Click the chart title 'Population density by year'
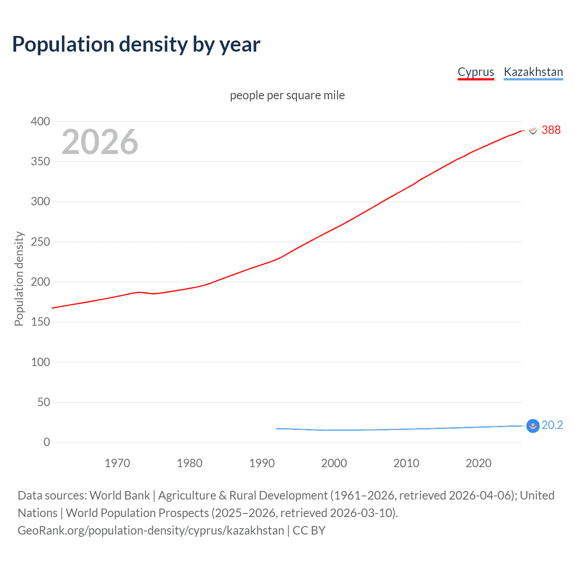pos(136,44)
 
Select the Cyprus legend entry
pos(476,72)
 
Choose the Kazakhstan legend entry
pos(533,72)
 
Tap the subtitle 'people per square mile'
pos(287,95)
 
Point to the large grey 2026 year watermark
pos(100,142)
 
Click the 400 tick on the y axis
pos(40,121)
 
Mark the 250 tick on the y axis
pos(40,242)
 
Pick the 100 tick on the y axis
pos(40,362)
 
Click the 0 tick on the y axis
pos(47,442)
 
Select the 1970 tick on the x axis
pos(117,463)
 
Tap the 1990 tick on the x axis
pos(262,463)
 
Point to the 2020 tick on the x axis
pos(478,463)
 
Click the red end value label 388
pos(551,130)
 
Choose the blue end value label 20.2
pos(552,425)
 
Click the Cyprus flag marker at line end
pos(533,130)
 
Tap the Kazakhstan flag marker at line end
pos(533,426)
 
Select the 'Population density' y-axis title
pos(19,279)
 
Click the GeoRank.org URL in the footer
pos(151,531)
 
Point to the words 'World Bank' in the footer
pos(119,495)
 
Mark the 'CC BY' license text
pos(309,531)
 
